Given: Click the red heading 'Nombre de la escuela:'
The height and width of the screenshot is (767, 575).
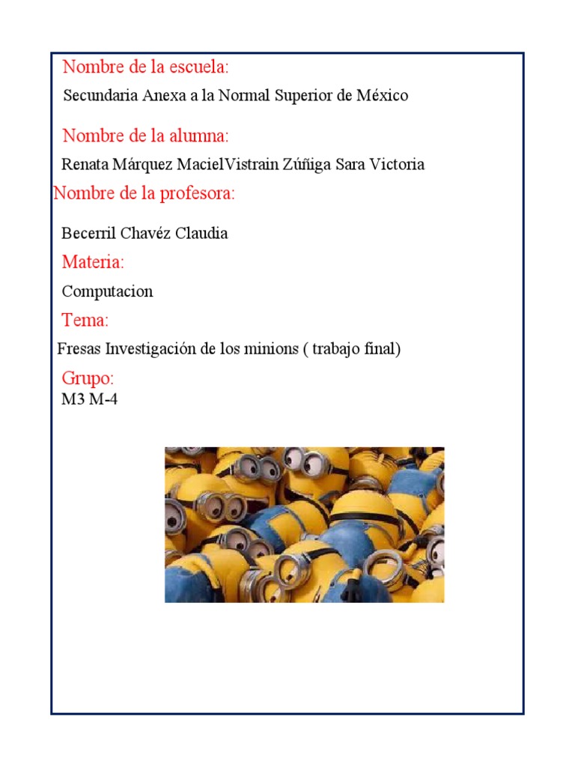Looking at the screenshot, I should point(145,67).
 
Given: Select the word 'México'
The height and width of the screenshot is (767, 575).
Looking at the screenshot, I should point(383,96).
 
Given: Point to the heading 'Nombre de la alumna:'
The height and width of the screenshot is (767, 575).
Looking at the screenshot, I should point(145,136).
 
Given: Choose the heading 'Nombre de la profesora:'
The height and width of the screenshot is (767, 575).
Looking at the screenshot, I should point(144,194).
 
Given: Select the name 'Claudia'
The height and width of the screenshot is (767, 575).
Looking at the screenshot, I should point(201,233).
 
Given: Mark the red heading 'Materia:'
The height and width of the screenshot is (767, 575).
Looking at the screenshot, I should point(93,262).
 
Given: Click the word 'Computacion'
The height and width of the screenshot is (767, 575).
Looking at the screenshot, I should point(107,291).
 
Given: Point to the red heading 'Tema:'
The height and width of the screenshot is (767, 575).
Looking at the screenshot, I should point(85,321).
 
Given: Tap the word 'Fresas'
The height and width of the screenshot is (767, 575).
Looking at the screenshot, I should point(79,349).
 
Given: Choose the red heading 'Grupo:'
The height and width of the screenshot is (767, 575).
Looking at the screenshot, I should point(88,378).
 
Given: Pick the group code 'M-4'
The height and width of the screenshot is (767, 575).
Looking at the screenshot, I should point(104,399).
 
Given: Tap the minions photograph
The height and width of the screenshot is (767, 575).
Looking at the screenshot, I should point(304,524).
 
